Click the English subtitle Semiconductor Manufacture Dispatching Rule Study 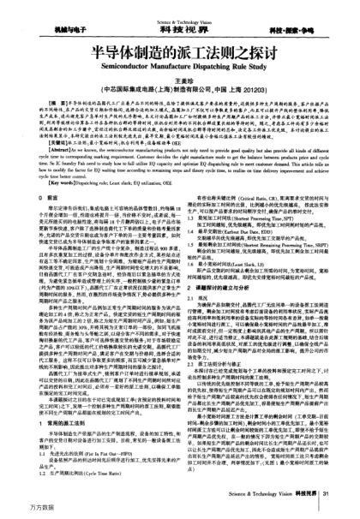(180, 60)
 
